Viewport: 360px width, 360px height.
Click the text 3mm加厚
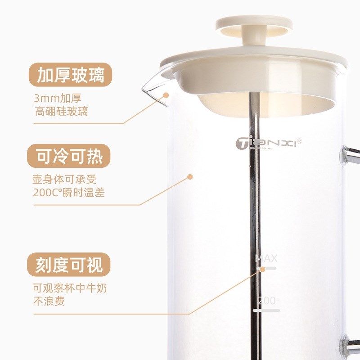58,98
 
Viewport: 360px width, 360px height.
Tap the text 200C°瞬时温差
72,192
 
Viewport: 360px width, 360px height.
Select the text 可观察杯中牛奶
70,288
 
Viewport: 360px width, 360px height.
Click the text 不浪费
49,301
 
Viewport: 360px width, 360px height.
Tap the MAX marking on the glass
266,258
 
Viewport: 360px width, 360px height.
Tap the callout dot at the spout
166,95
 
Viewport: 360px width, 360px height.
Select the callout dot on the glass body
190,177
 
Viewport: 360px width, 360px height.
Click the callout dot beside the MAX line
262,269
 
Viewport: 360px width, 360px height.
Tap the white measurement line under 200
266,310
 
